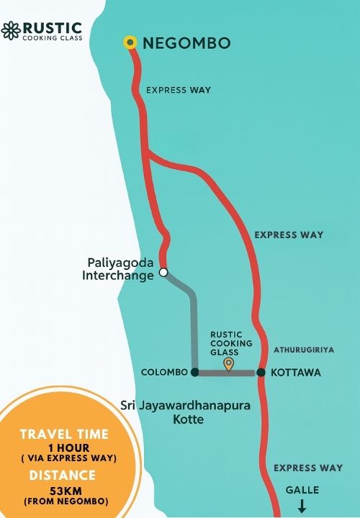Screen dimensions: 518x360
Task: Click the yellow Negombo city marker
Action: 130,42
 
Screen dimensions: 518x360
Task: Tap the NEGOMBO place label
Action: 187,43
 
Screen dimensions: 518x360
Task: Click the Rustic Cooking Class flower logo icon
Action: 11,30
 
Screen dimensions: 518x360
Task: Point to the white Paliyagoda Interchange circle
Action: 163,273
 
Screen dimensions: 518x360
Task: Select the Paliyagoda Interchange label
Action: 119,268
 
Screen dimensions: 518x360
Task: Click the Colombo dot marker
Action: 194,372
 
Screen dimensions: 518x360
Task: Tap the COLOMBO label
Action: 165,373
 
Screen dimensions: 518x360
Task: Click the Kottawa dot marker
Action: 261,373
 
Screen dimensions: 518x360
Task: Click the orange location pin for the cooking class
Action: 229,364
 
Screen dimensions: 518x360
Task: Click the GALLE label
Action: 302,490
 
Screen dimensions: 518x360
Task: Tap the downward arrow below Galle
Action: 302,507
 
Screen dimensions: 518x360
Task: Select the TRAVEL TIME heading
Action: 64,434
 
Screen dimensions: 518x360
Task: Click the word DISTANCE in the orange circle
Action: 62,475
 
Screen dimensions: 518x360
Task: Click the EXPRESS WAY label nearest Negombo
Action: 178,91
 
